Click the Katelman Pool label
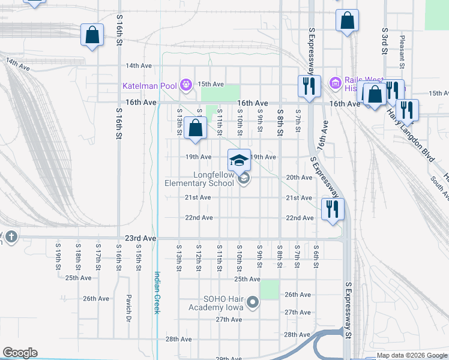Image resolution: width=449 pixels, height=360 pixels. pos(149,85)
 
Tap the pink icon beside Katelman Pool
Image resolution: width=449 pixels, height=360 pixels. pos(186,85)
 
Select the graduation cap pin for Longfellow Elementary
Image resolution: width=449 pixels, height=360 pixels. pos(239,160)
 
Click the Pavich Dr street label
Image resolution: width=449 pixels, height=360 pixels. pos(128,308)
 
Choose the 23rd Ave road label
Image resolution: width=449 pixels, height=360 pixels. pos(141,238)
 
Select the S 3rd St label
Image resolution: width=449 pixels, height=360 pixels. pos(384,40)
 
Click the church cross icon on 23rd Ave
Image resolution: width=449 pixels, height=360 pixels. pos(11,236)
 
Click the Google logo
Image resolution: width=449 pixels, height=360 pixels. pos(20,353)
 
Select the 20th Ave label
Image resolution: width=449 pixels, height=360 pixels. pos(299,178)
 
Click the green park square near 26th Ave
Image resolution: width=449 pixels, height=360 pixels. pos(270,290)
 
